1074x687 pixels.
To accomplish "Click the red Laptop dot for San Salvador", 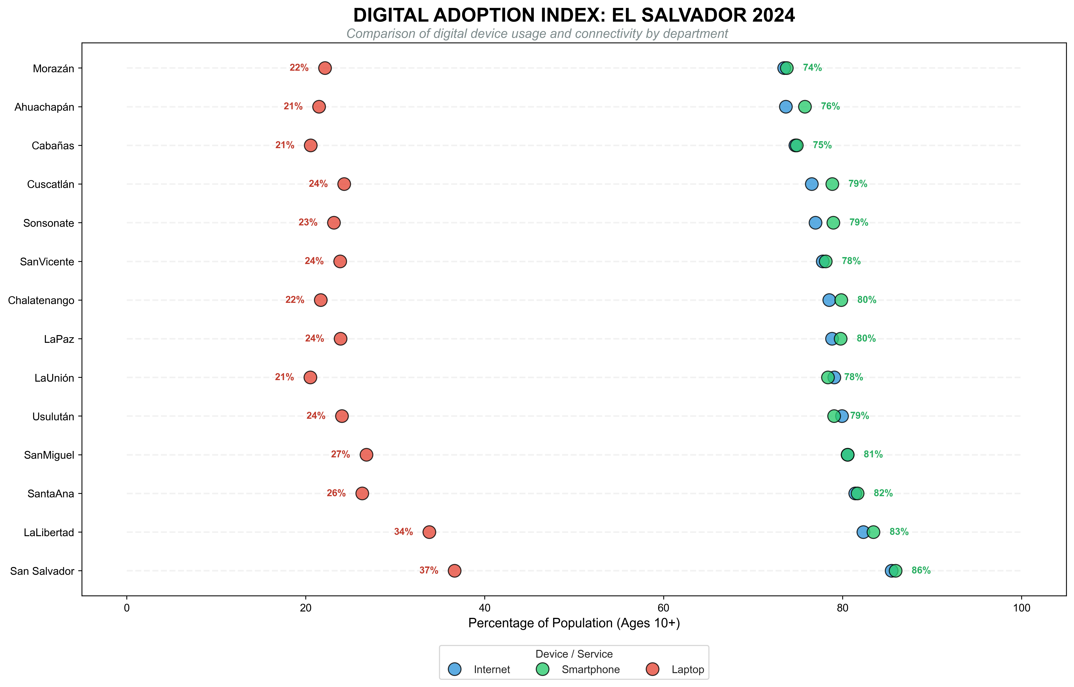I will [x=454, y=571].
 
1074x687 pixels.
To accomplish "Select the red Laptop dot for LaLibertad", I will [x=429, y=532].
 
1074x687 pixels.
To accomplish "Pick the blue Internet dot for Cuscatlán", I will [x=812, y=184].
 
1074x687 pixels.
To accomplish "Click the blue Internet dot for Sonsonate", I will [x=815, y=223].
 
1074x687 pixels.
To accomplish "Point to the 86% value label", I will [x=921, y=570].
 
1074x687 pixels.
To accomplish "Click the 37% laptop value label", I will [x=428, y=570].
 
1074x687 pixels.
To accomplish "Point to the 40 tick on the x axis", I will [x=484, y=608].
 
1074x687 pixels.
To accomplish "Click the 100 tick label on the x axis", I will [x=1021, y=608].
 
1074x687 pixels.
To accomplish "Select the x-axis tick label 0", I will [x=127, y=608].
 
